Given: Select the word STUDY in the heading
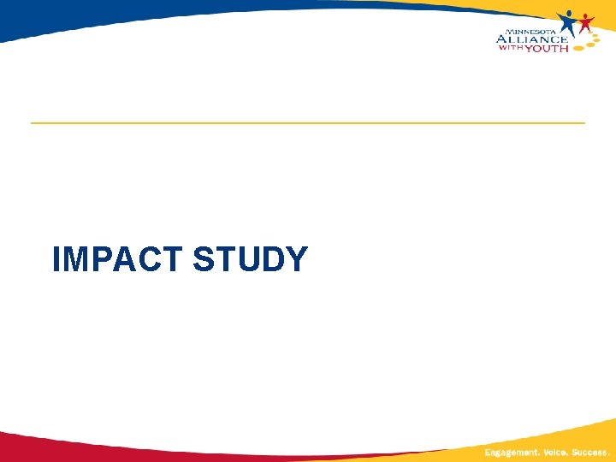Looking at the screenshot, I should pos(250,259).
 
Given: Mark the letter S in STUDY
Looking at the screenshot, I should pos(205,259).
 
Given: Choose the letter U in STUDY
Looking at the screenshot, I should pos(249,259).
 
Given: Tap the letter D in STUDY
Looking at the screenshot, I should pos(273,259).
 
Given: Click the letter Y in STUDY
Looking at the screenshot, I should pos(295,259).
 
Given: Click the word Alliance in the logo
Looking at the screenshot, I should pos(531,38).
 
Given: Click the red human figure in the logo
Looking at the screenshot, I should pos(585,23).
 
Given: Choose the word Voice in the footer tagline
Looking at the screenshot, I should pos(550,452).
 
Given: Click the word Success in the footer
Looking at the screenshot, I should pos(590,452).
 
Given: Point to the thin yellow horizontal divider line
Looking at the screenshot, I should pos(308,123).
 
